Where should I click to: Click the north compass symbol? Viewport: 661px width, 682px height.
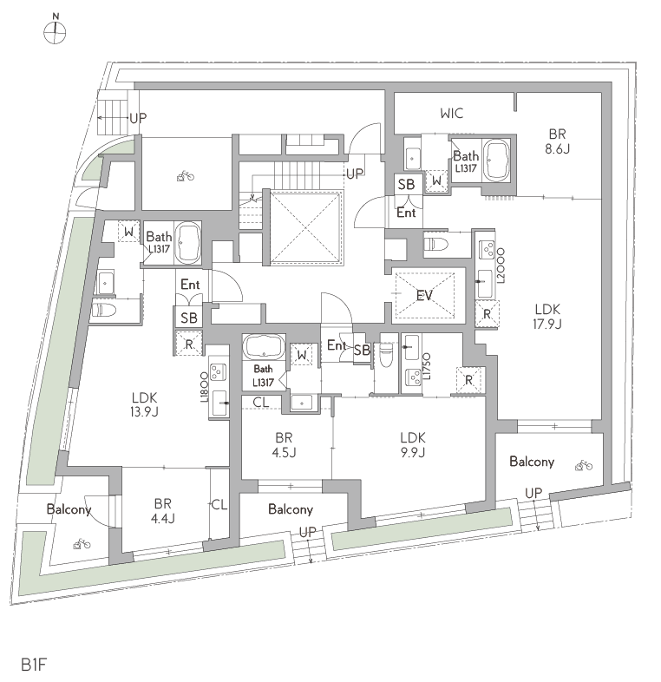click(x=55, y=30)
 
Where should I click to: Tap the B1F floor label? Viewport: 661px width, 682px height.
click(x=34, y=665)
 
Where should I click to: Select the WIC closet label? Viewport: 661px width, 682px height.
click(x=451, y=114)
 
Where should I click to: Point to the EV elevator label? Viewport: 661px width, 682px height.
click(x=424, y=296)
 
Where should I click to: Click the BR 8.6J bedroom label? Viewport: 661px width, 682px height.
click(x=557, y=141)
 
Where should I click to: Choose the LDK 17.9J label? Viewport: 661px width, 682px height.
click(x=547, y=316)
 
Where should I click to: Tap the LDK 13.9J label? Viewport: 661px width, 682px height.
click(x=144, y=404)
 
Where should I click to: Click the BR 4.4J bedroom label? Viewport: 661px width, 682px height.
click(x=162, y=511)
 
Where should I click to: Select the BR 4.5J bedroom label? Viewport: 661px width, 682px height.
click(x=284, y=445)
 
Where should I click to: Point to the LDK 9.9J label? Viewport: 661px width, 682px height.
click(x=413, y=445)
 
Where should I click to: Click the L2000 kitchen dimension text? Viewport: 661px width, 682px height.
click(x=501, y=266)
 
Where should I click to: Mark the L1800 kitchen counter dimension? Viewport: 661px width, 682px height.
click(x=205, y=387)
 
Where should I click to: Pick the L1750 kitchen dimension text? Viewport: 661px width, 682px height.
click(x=427, y=366)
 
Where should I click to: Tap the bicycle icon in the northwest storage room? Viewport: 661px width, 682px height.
click(x=186, y=176)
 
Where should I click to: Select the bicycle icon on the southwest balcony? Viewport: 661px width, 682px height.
click(x=82, y=543)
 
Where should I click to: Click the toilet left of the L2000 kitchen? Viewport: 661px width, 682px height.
click(x=436, y=244)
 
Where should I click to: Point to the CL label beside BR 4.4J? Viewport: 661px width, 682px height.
click(x=219, y=504)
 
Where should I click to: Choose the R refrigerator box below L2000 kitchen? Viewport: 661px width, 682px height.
click(x=487, y=313)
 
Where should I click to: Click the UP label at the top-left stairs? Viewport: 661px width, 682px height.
click(x=138, y=118)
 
